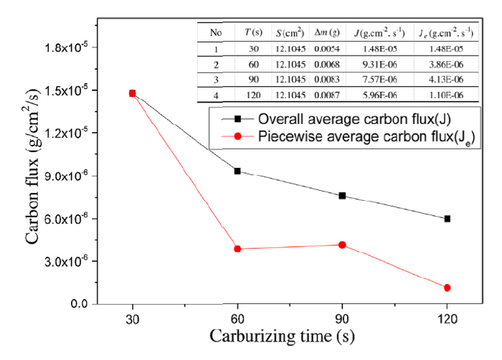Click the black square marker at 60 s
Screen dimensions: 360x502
point(237,171)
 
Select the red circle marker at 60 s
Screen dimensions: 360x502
point(237,249)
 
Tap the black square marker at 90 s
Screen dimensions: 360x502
point(342,196)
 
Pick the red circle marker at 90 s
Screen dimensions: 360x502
point(342,245)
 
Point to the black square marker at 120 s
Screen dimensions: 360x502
point(447,219)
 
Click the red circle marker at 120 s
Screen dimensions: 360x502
point(447,288)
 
